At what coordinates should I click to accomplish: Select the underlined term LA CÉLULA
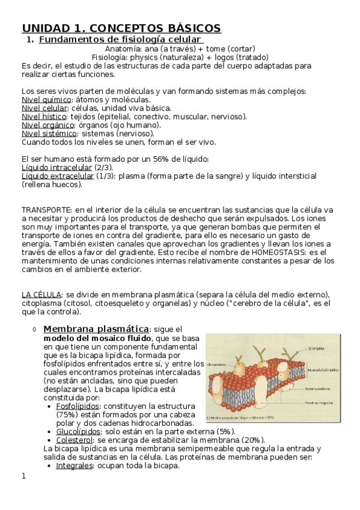[x=41, y=294]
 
